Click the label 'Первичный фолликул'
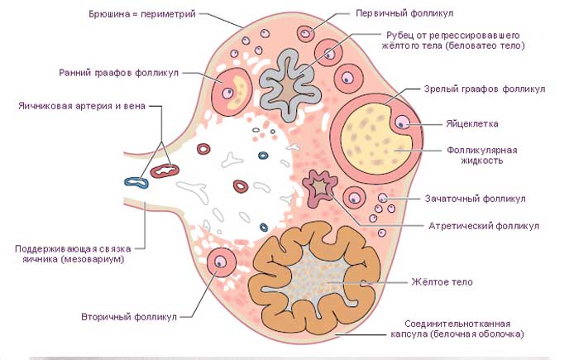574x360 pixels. pyautogui.click(x=404, y=13)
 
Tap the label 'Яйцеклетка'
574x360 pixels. pyautogui.click(x=472, y=124)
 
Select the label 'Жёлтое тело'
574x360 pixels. pyautogui.click(x=442, y=282)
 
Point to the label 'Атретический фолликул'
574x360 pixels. pyautogui.click(x=484, y=226)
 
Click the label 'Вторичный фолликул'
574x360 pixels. pyautogui.click(x=129, y=317)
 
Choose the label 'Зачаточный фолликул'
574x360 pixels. pyautogui.click(x=475, y=199)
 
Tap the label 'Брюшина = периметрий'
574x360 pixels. pyautogui.click(x=142, y=14)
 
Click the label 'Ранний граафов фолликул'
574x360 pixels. pyautogui.click(x=118, y=73)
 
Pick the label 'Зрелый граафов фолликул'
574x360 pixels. pyautogui.click(x=485, y=89)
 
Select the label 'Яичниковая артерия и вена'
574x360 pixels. pyautogui.click(x=82, y=106)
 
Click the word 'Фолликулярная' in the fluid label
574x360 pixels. pyautogui.click(x=481, y=150)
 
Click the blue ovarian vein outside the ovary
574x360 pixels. pyautogui.click(x=136, y=182)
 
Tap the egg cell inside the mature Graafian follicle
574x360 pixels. pyautogui.click(x=402, y=122)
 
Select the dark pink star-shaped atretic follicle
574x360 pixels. pyautogui.click(x=320, y=188)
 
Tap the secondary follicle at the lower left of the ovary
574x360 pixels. pyautogui.click(x=221, y=262)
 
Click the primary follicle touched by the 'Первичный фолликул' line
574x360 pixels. pyautogui.click(x=305, y=34)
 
